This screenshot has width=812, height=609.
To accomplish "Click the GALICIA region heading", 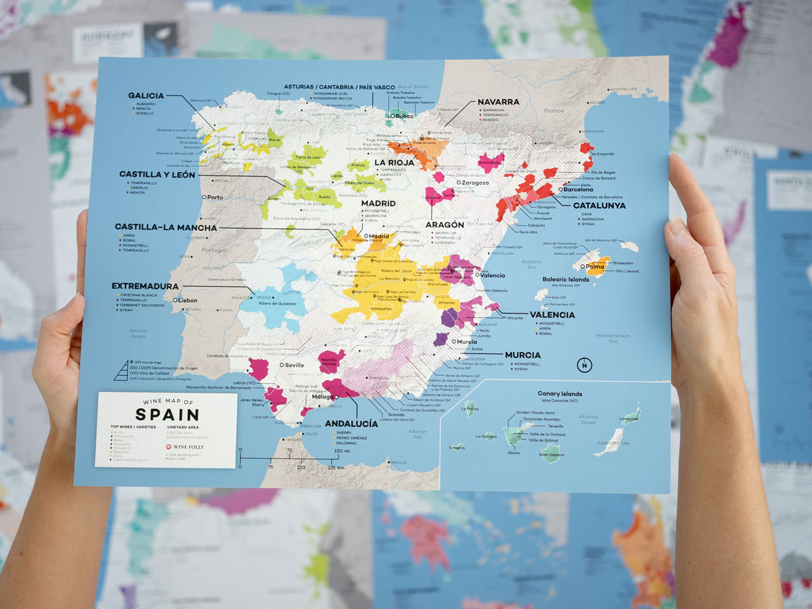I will click(x=146, y=96).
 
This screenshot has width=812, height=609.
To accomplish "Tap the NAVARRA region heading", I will click(x=498, y=101).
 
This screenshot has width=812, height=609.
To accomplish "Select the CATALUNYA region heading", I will click(x=599, y=206).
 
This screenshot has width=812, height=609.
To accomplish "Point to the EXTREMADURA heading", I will click(x=145, y=286).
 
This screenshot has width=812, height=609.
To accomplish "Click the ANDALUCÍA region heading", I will click(x=351, y=424).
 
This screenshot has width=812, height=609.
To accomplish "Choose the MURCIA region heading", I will click(x=523, y=355).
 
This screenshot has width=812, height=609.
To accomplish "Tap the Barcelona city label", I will click(x=578, y=190).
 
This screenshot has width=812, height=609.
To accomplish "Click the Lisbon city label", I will click(x=187, y=301).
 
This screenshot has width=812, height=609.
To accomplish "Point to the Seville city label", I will click(x=294, y=365).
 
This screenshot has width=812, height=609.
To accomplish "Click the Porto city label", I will click(x=214, y=197).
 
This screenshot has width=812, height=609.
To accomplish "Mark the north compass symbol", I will click(x=584, y=365).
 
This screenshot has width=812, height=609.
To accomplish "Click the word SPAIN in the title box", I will click(x=167, y=415).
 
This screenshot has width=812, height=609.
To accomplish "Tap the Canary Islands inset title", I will click(x=560, y=394).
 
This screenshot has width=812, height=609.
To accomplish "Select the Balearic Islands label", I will click(x=565, y=280).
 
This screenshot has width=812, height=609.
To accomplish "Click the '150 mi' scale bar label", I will click(x=342, y=451).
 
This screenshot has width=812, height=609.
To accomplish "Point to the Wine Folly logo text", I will click(x=188, y=447).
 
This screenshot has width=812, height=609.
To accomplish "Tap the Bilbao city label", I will click(x=403, y=116).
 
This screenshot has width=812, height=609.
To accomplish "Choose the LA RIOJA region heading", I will click(x=394, y=162).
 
